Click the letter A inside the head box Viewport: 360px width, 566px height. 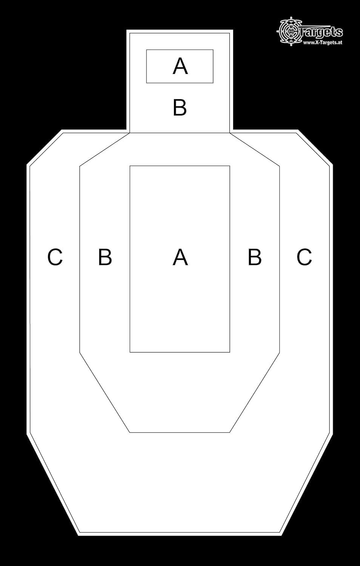180,66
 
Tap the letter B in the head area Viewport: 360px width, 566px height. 180,108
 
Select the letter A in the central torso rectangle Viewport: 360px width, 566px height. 180,257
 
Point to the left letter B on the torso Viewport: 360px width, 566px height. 105,257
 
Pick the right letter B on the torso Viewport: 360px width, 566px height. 255,257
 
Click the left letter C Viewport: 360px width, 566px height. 55,257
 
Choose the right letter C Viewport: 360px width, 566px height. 304,257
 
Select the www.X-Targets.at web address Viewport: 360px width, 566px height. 323,43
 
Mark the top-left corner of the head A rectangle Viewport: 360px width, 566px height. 146,50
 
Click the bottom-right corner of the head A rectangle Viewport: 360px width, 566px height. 213,83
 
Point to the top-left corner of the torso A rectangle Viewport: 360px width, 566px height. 130,166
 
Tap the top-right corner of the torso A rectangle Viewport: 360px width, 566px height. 230,166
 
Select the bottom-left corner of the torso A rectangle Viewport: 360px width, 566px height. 130,352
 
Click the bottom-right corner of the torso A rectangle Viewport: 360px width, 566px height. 230,352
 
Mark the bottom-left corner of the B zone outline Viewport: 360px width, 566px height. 130,432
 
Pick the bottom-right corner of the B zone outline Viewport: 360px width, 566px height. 230,432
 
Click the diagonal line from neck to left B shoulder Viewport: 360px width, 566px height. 105,149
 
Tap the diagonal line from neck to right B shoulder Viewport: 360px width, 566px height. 255,149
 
